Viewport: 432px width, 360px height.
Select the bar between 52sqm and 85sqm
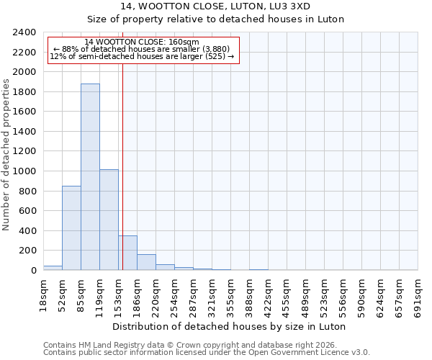click(x=71, y=228)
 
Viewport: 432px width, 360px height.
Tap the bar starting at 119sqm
click(x=109, y=220)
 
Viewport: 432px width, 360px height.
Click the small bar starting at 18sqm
click(x=53, y=268)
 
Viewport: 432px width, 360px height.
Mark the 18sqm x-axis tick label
click(x=44, y=294)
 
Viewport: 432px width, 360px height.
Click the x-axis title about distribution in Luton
click(x=230, y=326)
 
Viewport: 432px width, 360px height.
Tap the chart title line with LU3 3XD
click(x=230, y=6)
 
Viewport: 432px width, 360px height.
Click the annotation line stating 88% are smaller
click(x=142, y=49)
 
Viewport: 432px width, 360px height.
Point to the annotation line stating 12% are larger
click(x=142, y=56)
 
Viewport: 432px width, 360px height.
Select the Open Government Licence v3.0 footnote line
click(x=207, y=352)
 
